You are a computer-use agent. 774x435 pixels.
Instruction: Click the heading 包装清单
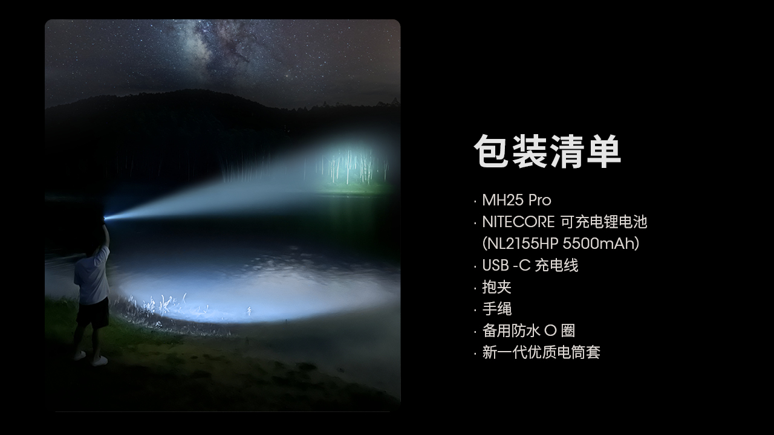point(547,151)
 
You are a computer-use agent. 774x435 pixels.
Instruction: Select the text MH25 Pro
point(516,200)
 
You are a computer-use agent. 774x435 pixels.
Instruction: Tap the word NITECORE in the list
point(518,222)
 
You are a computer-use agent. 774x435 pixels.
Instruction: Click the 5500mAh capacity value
point(598,243)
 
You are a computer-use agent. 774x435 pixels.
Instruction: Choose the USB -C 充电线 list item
point(530,265)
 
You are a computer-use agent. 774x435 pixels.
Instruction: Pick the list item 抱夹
point(496,287)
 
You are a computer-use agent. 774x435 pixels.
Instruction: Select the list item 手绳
point(496,309)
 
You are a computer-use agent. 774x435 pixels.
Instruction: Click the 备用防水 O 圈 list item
point(528,330)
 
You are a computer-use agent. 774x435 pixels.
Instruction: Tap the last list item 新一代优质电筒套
point(541,352)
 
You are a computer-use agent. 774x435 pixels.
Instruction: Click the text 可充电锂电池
point(603,222)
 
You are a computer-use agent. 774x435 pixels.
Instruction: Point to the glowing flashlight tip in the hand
point(105,218)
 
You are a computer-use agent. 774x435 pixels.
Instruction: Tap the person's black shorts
point(93,312)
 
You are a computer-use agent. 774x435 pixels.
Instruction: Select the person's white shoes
point(91,358)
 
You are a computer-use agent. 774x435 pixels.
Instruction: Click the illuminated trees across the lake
point(353,166)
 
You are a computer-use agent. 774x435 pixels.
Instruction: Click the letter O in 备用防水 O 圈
point(550,330)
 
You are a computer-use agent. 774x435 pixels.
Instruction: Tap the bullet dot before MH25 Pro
point(475,201)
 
